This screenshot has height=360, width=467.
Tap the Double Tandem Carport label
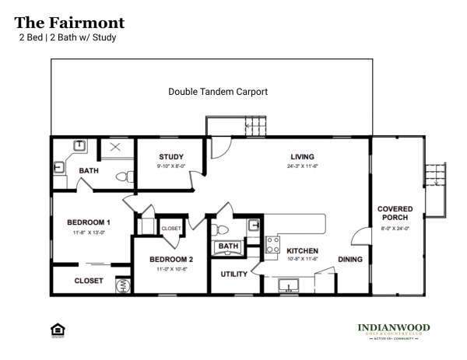coord(218,91)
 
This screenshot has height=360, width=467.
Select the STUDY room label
coord(170,156)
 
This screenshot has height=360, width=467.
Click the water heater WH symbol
coord(122,286)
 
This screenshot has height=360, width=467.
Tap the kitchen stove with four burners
coord(273,245)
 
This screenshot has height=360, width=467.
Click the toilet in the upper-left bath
coord(121,177)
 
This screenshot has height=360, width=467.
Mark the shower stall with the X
coord(114,147)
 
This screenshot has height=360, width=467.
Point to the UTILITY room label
coord(233,274)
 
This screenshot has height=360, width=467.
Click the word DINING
coord(350,259)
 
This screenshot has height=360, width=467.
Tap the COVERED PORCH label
coord(395,214)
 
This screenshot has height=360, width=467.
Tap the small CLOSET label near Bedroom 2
coord(170,229)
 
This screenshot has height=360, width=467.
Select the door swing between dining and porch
coord(359,239)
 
